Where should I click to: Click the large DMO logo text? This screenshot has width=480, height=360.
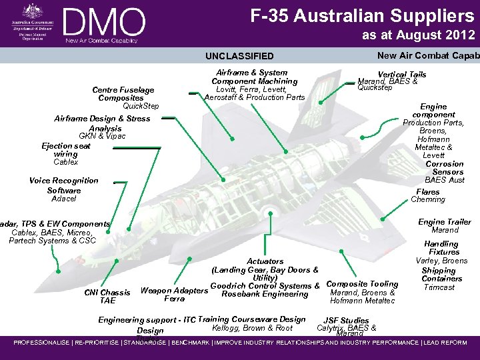coord(105,21)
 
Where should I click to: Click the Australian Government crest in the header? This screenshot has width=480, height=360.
coord(31,11)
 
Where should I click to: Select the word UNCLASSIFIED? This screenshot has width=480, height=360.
coord(239,56)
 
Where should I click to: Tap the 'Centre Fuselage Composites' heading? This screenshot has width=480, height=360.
coord(123,94)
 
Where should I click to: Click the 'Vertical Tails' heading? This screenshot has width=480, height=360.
coord(401,75)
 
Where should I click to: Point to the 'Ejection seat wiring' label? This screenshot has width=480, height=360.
coord(66,150)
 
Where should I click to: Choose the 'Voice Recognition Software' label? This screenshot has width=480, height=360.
coord(64,185)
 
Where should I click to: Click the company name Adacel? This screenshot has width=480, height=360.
coord(64,199)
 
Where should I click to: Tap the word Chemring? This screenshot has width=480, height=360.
coord(427,200)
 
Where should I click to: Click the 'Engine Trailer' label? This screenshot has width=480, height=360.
coord(444,222)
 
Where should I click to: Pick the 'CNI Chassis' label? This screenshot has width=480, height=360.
coord(107,293)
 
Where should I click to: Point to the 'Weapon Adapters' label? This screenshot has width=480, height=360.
coord(174,291)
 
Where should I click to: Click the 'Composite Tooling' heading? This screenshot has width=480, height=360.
coord(362,284)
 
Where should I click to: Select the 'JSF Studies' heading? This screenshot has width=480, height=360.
coord(345,321)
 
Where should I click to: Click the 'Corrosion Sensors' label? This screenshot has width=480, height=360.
coord(444,168)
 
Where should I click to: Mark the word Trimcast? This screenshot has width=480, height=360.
coord(439,287)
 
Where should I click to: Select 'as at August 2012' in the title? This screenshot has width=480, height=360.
coord(418,35)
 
